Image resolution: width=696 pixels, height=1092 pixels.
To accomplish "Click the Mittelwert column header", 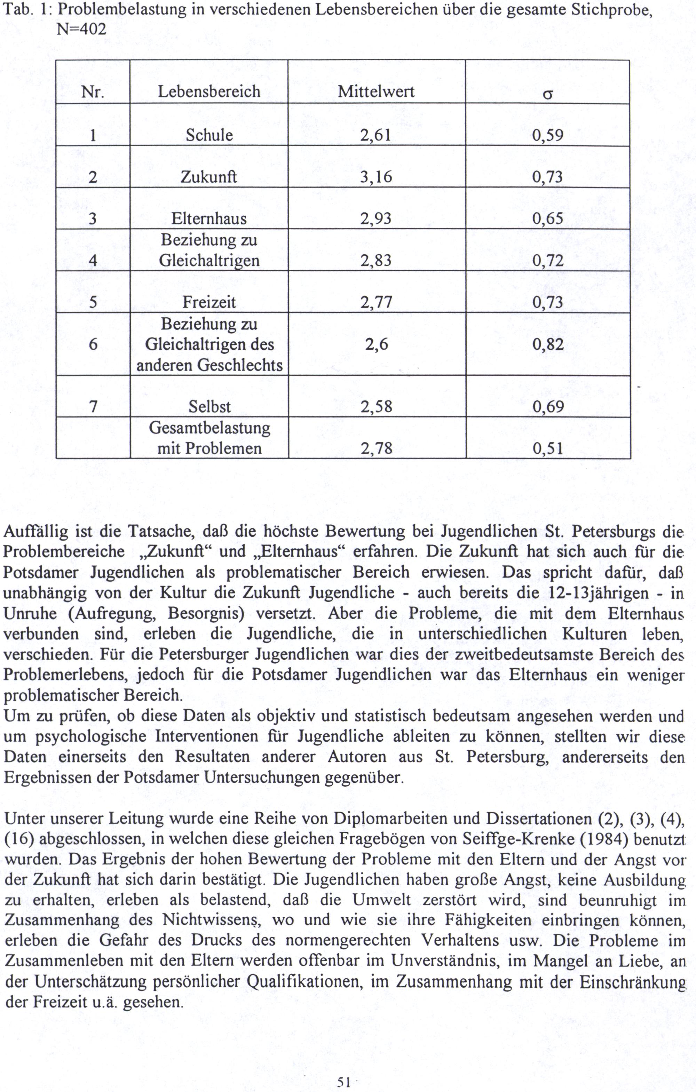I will pos(376,92).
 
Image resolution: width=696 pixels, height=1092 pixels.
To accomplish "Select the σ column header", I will pos(548,94).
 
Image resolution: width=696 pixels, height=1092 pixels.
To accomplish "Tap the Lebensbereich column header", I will pos(209,92).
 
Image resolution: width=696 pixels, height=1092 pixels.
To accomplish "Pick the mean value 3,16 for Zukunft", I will pos(376,177).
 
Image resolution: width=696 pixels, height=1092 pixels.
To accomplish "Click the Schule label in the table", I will pos(209,135).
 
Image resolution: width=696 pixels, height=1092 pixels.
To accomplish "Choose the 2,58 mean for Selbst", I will pos(376,406).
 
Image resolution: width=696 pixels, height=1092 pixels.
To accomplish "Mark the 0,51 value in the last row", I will pos(548,448).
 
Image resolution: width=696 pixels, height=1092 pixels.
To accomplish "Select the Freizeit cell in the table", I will pos(209,302).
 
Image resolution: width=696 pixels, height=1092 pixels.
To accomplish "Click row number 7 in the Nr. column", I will pos(93,406).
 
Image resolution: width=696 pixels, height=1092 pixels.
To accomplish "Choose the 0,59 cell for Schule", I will pos(548,135).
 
